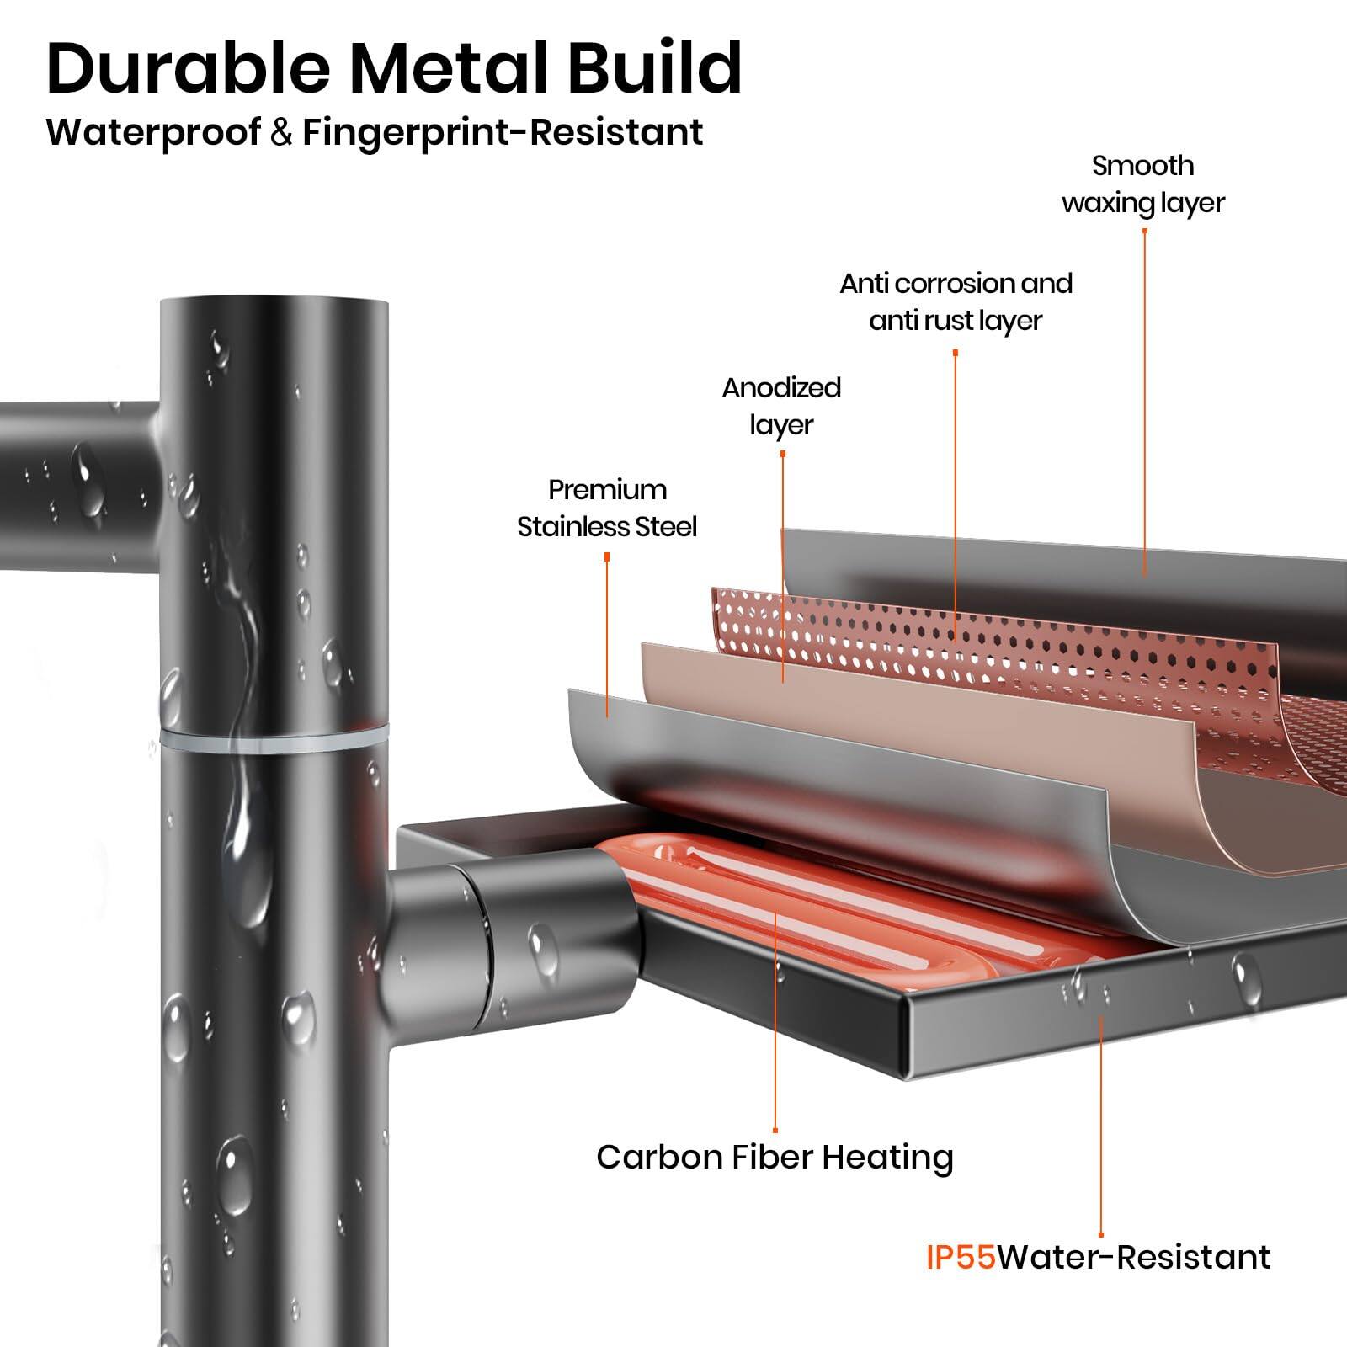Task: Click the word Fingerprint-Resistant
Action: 503,132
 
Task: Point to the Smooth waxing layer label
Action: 1142,184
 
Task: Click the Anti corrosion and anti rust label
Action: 956,301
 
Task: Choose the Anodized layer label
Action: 781,406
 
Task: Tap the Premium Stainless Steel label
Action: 606,508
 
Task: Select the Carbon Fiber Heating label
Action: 775,1157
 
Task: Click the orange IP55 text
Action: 961,1257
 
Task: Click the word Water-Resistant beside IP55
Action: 1133,1257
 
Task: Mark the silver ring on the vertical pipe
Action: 274,738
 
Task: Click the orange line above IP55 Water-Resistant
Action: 1101,1137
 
